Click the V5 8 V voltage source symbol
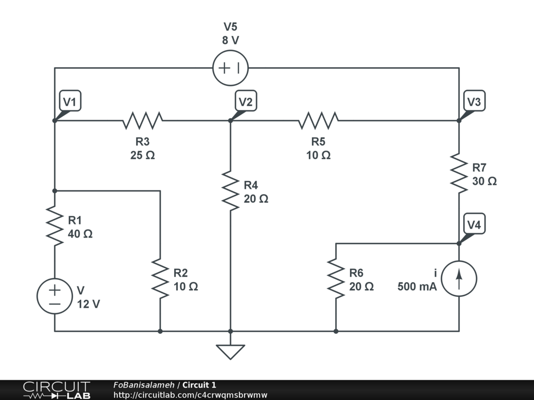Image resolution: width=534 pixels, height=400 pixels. point(230,68)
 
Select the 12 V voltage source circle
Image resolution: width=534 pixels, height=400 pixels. point(54,296)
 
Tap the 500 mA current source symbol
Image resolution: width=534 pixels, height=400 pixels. point(459,279)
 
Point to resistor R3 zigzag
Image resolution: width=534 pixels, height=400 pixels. point(142,120)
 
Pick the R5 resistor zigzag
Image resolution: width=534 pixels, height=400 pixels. point(318,120)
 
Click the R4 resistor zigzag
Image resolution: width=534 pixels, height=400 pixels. point(230,191)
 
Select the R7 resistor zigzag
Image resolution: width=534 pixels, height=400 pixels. point(459,173)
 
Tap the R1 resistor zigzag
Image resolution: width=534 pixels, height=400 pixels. point(54,226)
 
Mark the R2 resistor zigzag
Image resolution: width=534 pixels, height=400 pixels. point(160,279)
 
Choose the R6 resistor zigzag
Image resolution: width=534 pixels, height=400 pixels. point(335,279)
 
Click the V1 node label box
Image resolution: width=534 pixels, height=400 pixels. point(70,102)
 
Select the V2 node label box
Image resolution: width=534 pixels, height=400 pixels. point(245,102)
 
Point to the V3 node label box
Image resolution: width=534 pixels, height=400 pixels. point(474,102)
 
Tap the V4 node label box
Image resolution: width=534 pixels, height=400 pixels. point(474,225)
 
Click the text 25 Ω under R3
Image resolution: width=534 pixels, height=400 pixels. point(142,155)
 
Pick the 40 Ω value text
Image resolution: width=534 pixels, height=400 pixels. point(80,234)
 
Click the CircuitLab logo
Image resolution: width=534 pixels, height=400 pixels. point(56,390)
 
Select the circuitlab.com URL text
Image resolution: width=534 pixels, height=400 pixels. point(190,395)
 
